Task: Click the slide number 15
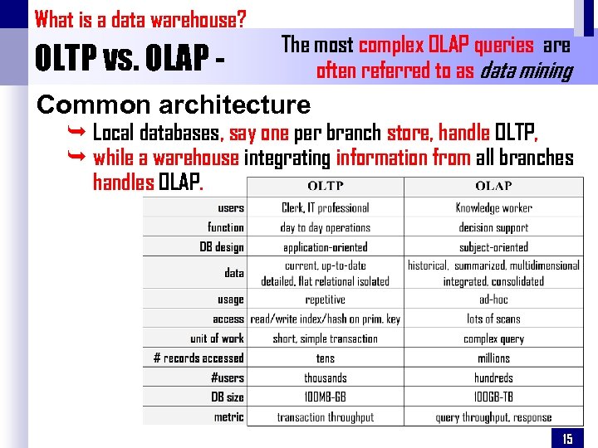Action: [x=567, y=439]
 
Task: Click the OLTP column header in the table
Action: [x=325, y=186]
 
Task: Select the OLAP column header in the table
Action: [x=493, y=186]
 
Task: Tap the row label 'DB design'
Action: [x=222, y=246]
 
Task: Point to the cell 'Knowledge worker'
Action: [x=493, y=207]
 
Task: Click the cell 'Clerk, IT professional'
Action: [x=325, y=207]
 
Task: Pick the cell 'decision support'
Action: [x=493, y=227]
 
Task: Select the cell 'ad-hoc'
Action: [x=493, y=299]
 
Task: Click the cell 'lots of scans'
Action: [x=493, y=319]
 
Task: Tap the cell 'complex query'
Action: [x=493, y=338]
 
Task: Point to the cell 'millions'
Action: [x=493, y=358]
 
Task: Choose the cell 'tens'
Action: [x=325, y=358]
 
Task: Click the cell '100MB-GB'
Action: [x=325, y=397]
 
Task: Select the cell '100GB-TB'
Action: [x=493, y=397]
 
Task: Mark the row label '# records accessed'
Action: [x=199, y=358]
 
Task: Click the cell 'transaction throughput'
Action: [x=325, y=417]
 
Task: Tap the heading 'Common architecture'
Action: [x=174, y=105]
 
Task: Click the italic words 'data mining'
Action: [x=527, y=71]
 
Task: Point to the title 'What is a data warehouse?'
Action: [x=140, y=18]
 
